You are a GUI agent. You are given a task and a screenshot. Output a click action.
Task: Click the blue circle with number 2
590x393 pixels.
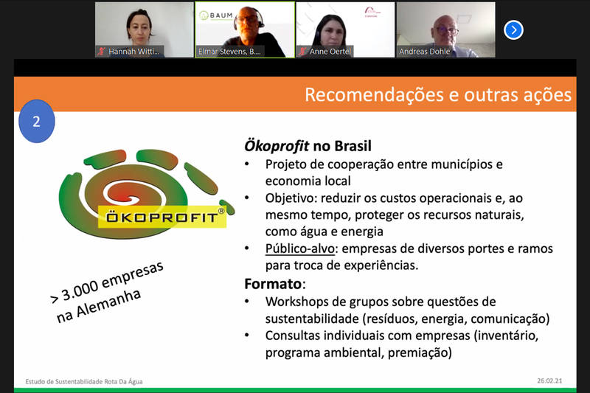click(36, 121)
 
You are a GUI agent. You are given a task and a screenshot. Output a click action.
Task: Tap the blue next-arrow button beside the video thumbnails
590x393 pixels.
click(513, 29)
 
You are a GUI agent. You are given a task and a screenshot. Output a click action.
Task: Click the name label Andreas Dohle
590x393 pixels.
click(425, 52)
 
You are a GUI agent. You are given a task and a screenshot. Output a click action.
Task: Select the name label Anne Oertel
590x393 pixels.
click(330, 52)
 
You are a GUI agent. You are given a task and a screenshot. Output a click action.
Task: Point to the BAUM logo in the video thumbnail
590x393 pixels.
click(215, 15)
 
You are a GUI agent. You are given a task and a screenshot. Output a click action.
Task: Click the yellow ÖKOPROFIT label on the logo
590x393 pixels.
click(162, 217)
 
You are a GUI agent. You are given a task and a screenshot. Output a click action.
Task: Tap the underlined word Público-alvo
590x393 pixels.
click(300, 248)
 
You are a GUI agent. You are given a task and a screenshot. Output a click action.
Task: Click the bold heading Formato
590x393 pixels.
click(273, 284)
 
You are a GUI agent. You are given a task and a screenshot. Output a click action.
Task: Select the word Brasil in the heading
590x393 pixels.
click(353, 146)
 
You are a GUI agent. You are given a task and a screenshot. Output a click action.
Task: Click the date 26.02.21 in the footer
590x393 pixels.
click(549, 380)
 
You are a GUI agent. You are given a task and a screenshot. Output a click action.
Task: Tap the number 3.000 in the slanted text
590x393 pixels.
click(80, 291)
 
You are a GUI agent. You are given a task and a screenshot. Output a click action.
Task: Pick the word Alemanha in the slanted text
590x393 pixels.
click(108, 304)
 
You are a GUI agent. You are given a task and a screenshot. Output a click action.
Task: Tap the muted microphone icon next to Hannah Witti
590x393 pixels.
click(101, 52)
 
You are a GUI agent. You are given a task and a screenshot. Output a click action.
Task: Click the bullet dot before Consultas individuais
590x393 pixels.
click(247, 335)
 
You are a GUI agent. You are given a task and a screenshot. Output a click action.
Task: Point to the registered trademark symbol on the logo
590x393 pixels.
click(221, 211)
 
